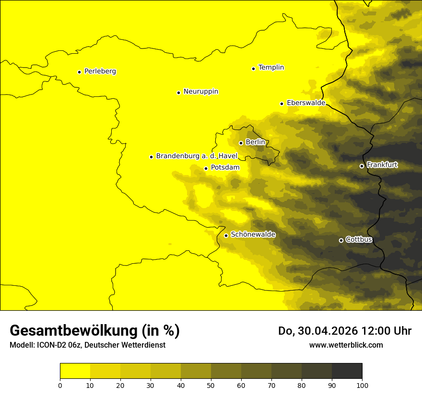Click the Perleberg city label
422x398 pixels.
100,71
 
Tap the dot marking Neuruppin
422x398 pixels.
178,93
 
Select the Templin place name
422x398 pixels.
271,68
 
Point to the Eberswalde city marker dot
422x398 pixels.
282,104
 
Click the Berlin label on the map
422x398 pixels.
255,142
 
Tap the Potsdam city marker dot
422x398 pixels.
206,168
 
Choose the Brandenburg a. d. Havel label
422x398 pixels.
197,156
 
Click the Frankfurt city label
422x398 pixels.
382,165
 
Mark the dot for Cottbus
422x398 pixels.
341,240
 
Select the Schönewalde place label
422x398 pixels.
253,234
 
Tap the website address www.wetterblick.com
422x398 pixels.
346,345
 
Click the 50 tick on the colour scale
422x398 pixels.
211,385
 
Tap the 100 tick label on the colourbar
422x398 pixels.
362,385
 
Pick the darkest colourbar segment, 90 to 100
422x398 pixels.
347,371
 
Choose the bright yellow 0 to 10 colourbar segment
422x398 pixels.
75,371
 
